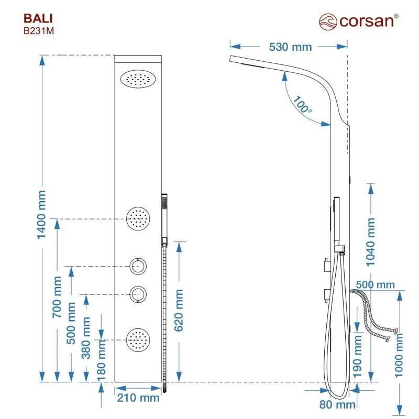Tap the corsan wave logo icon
point(328,21)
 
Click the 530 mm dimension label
point(290,47)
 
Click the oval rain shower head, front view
point(139,80)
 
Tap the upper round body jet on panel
point(138,218)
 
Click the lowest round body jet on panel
point(138,340)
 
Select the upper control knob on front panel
point(139,266)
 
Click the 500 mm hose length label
point(374,284)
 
